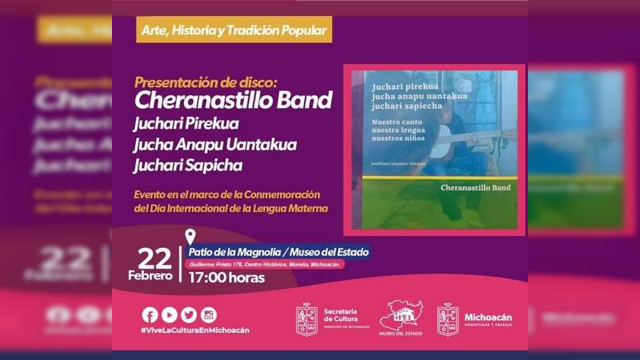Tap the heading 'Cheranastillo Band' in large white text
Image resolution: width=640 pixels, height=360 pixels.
tap(233, 101)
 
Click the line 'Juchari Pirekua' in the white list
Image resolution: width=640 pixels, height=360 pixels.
tap(187, 124)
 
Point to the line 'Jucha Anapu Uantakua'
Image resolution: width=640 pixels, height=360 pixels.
tap(215, 145)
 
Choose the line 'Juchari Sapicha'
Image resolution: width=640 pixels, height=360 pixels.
tap(189, 166)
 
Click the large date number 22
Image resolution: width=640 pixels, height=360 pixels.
tap(154, 258)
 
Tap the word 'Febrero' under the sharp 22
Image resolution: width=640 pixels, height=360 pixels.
tap(150, 276)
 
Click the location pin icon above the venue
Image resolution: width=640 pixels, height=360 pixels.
tap(190, 237)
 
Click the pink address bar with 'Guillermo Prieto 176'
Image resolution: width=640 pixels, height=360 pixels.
tap(265, 264)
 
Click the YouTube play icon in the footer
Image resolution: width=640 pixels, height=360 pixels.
tap(169, 314)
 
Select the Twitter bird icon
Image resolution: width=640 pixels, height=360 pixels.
tap(189, 314)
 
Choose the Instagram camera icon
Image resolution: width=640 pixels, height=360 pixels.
tap(209, 314)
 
